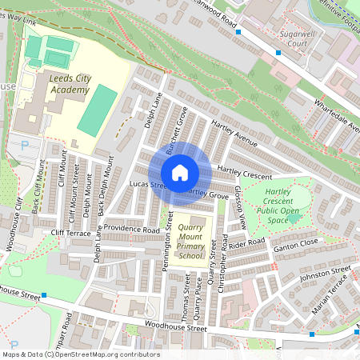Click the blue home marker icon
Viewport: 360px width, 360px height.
pos(180,173)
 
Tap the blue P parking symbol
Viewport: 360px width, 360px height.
pos(24,145)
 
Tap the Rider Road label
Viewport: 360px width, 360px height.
pos(247,242)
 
